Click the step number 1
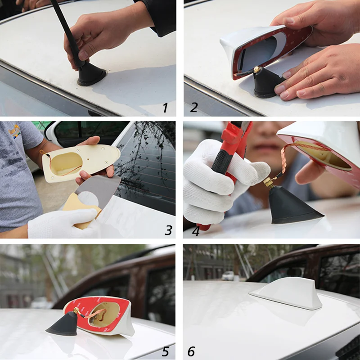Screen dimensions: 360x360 [165, 108]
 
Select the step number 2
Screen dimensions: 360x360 [194, 108]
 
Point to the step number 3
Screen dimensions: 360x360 [168, 230]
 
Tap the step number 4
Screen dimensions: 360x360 [195, 230]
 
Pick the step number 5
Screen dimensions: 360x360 [165, 351]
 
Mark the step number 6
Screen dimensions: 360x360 [191, 351]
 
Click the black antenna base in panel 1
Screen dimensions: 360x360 [92, 76]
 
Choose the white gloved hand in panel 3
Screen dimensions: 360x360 [63, 223]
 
